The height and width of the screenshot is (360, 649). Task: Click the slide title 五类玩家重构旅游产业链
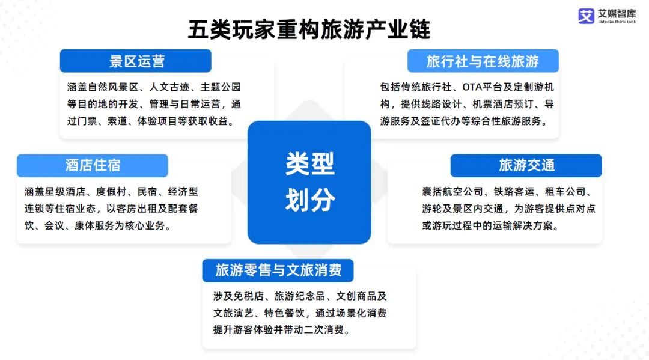tap(309, 29)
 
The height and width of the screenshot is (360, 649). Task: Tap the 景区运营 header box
tap(135, 61)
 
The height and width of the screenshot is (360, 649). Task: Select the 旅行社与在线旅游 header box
tap(483, 61)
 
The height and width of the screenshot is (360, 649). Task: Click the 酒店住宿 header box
tap(93, 165)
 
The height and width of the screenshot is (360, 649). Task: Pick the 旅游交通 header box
tap(526, 165)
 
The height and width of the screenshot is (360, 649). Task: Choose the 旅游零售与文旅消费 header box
tap(278, 270)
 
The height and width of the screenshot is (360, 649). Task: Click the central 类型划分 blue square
tap(309, 182)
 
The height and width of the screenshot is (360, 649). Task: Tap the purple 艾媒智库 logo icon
tap(586, 16)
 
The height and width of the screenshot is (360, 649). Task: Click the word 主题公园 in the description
tap(220, 87)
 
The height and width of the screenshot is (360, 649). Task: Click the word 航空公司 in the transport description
tap(463, 192)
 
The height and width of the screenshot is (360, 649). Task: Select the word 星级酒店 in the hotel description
tap(65, 192)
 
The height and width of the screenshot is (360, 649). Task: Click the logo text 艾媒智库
tap(617, 14)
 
